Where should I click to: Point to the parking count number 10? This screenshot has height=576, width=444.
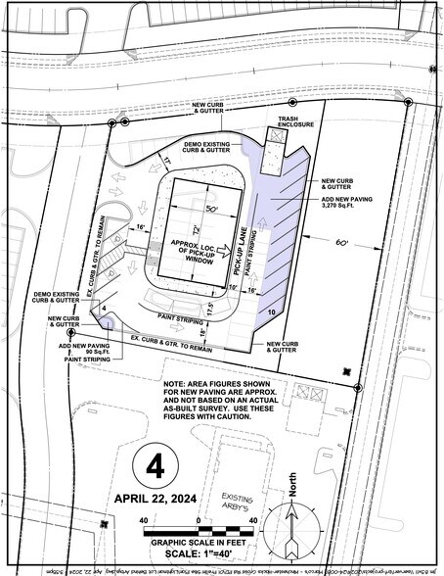[270, 311]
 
